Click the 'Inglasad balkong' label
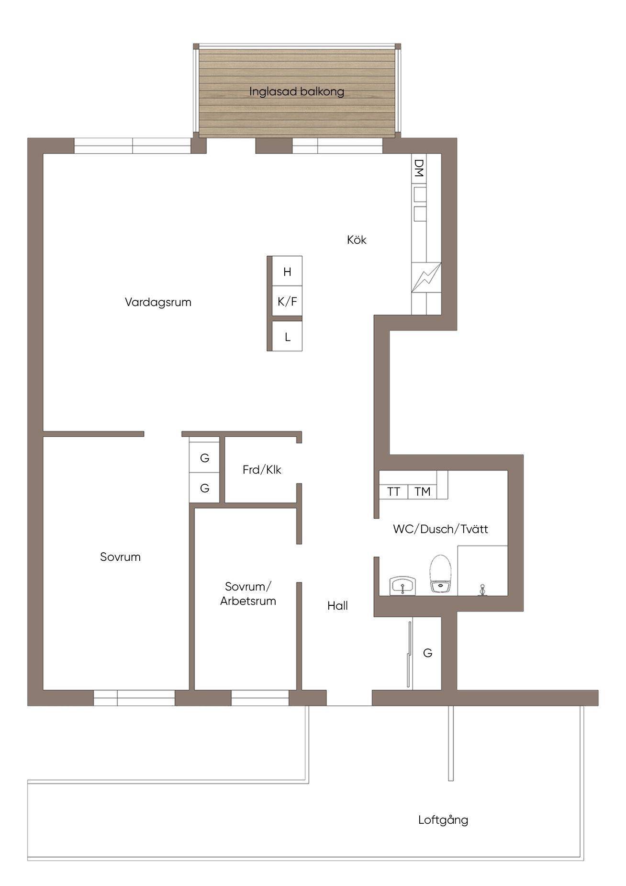[x=297, y=91]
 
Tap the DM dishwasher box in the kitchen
[x=419, y=168]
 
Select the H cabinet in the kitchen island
[x=287, y=271]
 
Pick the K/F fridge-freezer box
[x=287, y=301]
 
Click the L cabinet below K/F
[x=287, y=336]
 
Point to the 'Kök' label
[x=357, y=239]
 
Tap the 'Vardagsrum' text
[x=158, y=302]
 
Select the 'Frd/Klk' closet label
[x=262, y=470]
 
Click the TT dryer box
[x=393, y=492]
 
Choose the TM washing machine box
[x=422, y=492]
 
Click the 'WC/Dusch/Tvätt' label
[x=440, y=529]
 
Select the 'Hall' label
[x=337, y=606]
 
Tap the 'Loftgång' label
[x=443, y=820]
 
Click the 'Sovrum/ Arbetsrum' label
[x=248, y=594]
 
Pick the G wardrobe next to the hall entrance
[x=427, y=653]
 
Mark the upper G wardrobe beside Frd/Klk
[x=204, y=458]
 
